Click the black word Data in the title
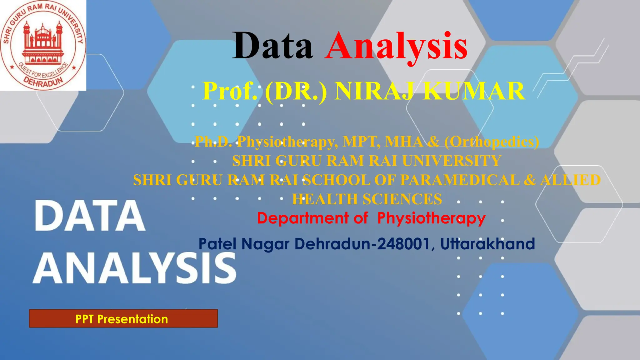coord(272,46)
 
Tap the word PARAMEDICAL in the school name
coord(460,180)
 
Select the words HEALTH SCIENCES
coord(367,199)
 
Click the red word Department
coord(303,218)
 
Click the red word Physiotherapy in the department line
coord(431,218)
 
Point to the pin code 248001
coord(403,244)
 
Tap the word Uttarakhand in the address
coord(487,244)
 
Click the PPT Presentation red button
coord(123,319)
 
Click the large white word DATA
coord(90,216)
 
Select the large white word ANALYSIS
coord(134,268)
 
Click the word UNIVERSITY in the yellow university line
coord(452,161)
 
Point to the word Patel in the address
coord(217,244)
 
